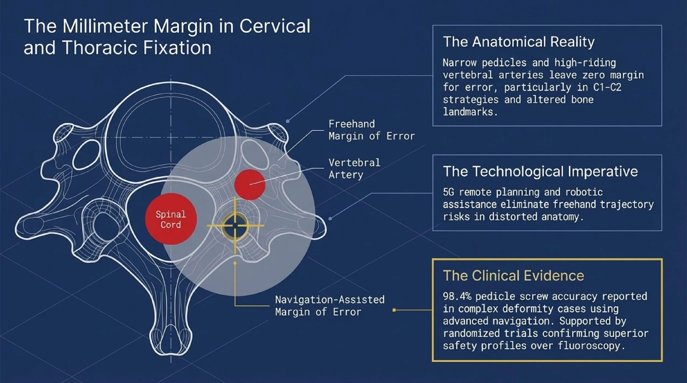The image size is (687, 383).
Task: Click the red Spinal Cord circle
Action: click(x=171, y=219)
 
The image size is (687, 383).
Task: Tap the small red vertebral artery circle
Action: click(x=250, y=184)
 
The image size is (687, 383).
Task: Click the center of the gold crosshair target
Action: click(x=235, y=226)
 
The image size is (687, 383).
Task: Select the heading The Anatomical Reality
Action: click(x=519, y=42)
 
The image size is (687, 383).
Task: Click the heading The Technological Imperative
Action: click(x=540, y=171)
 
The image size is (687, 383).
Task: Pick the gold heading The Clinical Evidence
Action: click(x=513, y=275)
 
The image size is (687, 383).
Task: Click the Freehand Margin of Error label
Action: click(x=371, y=130)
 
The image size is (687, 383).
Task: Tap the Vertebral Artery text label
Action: click(x=354, y=169)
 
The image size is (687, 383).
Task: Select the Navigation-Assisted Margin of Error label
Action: click(x=329, y=306)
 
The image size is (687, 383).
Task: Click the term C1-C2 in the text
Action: click(x=607, y=87)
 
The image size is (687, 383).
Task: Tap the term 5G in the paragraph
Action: click(x=448, y=192)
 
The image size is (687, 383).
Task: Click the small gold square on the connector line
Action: click(x=394, y=310)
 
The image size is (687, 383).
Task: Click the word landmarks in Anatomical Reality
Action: click(x=470, y=112)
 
